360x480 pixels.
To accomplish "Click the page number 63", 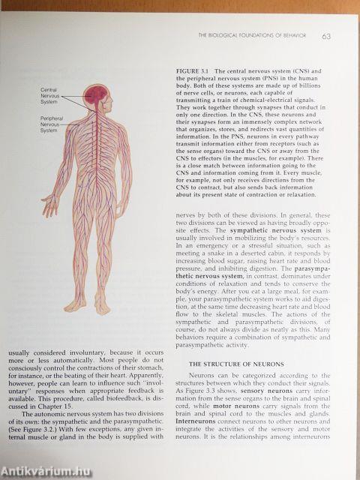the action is (327, 36).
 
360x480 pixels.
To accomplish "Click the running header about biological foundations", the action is (257, 36).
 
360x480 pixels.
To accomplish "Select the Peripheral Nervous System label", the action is (52, 124).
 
